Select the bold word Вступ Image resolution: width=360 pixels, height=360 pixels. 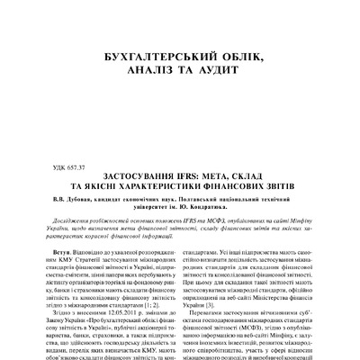63,232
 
